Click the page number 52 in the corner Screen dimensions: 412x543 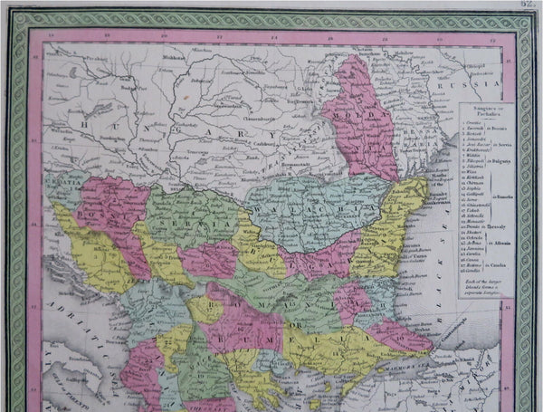pos(531,5)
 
